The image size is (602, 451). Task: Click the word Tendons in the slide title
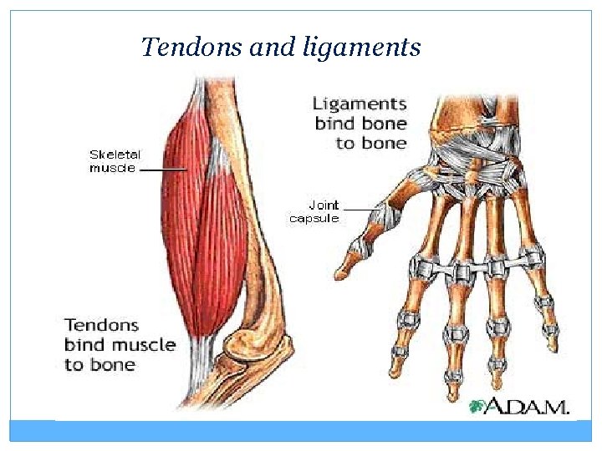coord(193,47)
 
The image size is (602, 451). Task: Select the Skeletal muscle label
coord(115,161)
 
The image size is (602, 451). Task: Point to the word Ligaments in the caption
coord(360,104)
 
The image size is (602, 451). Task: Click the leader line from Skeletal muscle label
coord(163,168)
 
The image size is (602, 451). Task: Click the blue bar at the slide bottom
coord(301,431)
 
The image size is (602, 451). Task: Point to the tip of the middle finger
coord(454,392)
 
